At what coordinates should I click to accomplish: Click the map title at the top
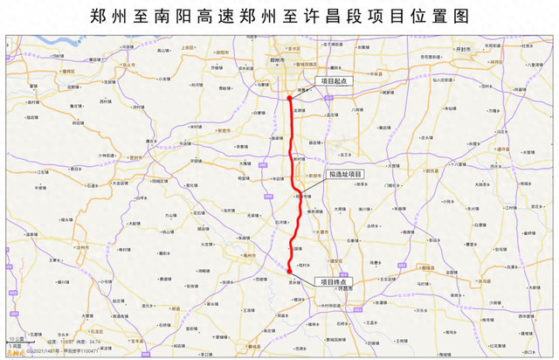click(x=279, y=16)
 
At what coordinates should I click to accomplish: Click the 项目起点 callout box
click(x=335, y=80)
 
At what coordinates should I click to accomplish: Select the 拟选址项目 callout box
click(x=347, y=174)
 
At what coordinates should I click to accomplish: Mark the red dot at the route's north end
click(x=289, y=99)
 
